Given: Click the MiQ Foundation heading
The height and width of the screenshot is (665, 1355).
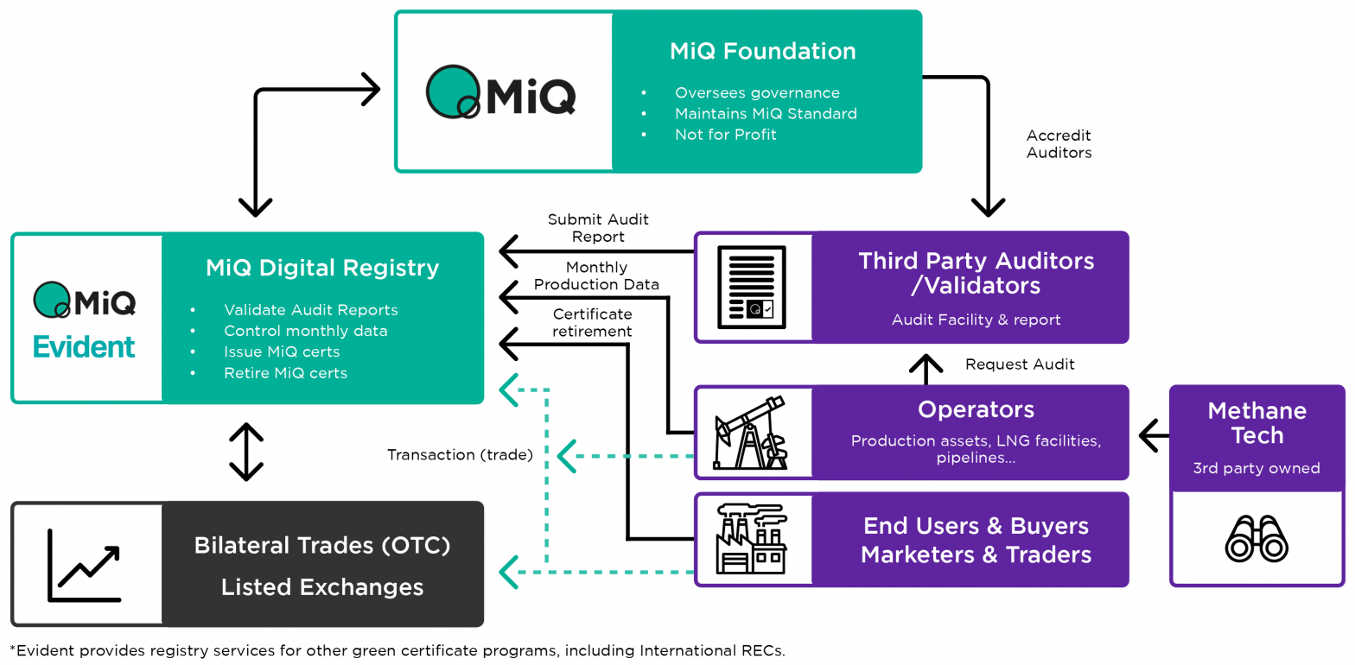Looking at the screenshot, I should (762, 52).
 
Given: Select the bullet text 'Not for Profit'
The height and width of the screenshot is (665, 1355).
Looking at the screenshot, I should (725, 135).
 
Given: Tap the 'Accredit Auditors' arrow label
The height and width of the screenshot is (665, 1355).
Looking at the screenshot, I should (1059, 144).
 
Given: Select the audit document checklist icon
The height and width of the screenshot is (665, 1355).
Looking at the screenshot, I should (752, 287).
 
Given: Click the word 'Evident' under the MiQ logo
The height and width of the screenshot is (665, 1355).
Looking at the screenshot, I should (84, 347).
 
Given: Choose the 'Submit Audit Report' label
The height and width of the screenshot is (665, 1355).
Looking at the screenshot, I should (598, 228).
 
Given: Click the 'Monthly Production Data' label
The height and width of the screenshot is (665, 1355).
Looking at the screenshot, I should (596, 276).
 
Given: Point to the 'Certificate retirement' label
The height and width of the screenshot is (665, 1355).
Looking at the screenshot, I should (593, 322).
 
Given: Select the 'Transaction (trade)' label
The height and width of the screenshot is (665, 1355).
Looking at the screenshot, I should (460, 454).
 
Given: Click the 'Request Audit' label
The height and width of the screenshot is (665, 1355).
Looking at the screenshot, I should (1020, 364).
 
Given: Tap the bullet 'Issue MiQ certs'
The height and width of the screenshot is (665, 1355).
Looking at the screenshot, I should (281, 351).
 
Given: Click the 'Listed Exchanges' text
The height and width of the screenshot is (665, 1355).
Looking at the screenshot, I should (321, 587).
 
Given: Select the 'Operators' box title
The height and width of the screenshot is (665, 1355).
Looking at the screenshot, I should (976, 409).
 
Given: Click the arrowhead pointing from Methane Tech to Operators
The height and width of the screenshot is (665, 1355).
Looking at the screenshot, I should (1149, 435).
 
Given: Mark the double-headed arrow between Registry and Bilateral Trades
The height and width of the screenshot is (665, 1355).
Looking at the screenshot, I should (246, 452).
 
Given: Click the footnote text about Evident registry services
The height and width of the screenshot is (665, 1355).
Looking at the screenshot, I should (398, 649).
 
